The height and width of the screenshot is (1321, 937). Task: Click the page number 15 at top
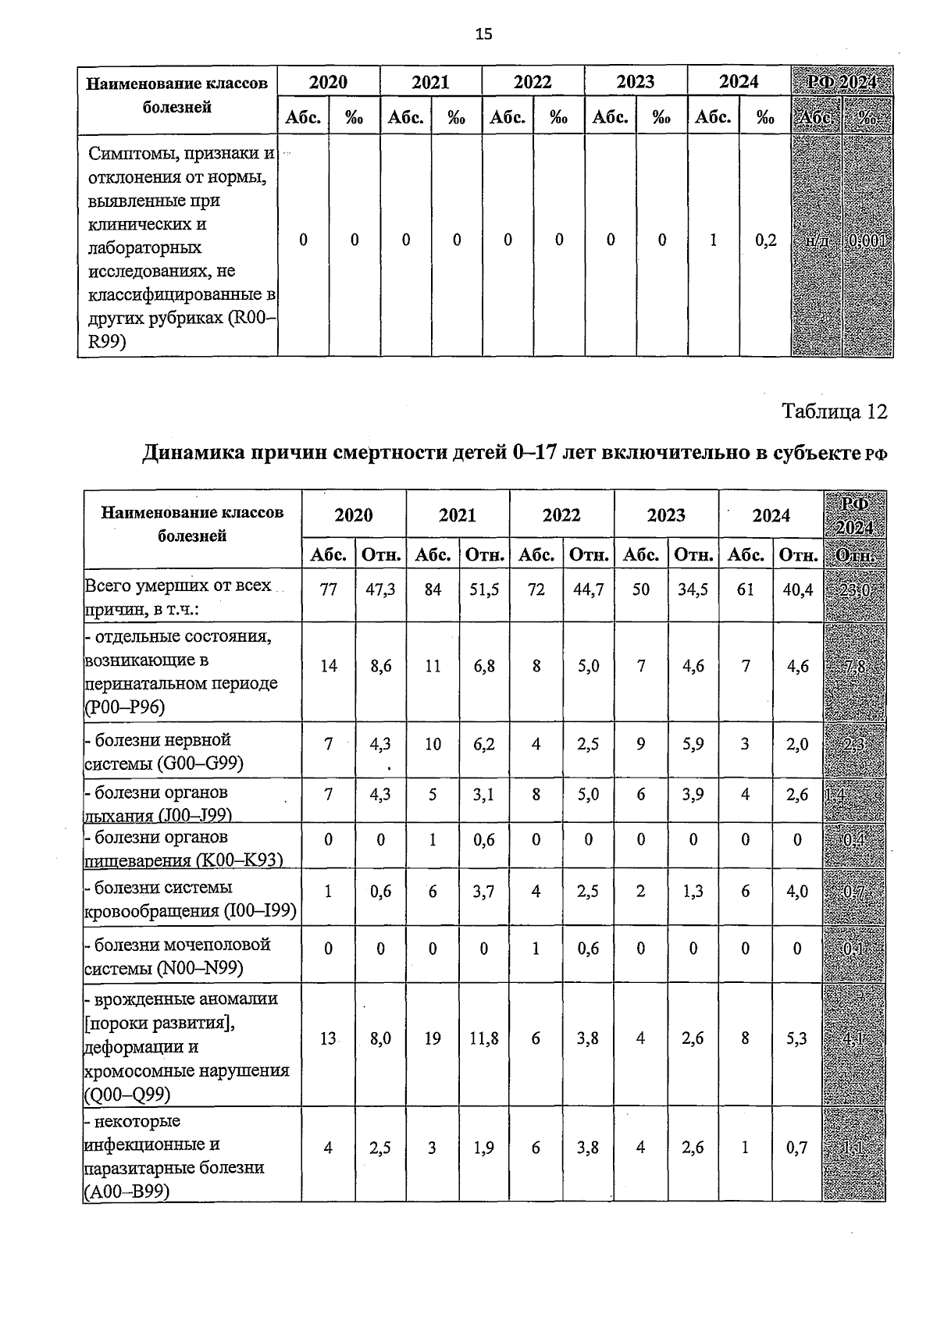point(483,34)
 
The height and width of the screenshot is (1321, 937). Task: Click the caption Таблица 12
point(834,411)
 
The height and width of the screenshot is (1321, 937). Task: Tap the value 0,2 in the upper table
point(765,240)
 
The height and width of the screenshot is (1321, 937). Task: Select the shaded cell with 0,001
point(868,240)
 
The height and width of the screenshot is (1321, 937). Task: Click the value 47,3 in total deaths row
point(380,589)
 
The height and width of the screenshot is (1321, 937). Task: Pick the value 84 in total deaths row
point(433,589)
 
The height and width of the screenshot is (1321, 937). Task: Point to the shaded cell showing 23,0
point(853,591)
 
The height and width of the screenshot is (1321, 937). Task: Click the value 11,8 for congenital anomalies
point(484,1038)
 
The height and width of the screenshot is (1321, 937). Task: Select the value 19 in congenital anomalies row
point(433,1038)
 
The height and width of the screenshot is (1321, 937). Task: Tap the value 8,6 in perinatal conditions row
point(380,666)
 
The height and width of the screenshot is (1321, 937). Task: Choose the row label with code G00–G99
point(163,751)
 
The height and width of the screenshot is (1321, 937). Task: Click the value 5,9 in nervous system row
point(693,744)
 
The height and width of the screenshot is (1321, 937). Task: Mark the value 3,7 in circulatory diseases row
point(484,892)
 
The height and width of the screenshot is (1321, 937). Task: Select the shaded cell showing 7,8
point(853,668)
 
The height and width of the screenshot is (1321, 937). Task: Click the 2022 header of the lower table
point(561,515)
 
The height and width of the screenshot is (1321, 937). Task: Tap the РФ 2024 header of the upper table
point(842,82)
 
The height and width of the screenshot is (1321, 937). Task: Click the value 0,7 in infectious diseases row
point(797,1148)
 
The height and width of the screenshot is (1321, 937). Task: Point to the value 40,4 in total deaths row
point(797,589)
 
